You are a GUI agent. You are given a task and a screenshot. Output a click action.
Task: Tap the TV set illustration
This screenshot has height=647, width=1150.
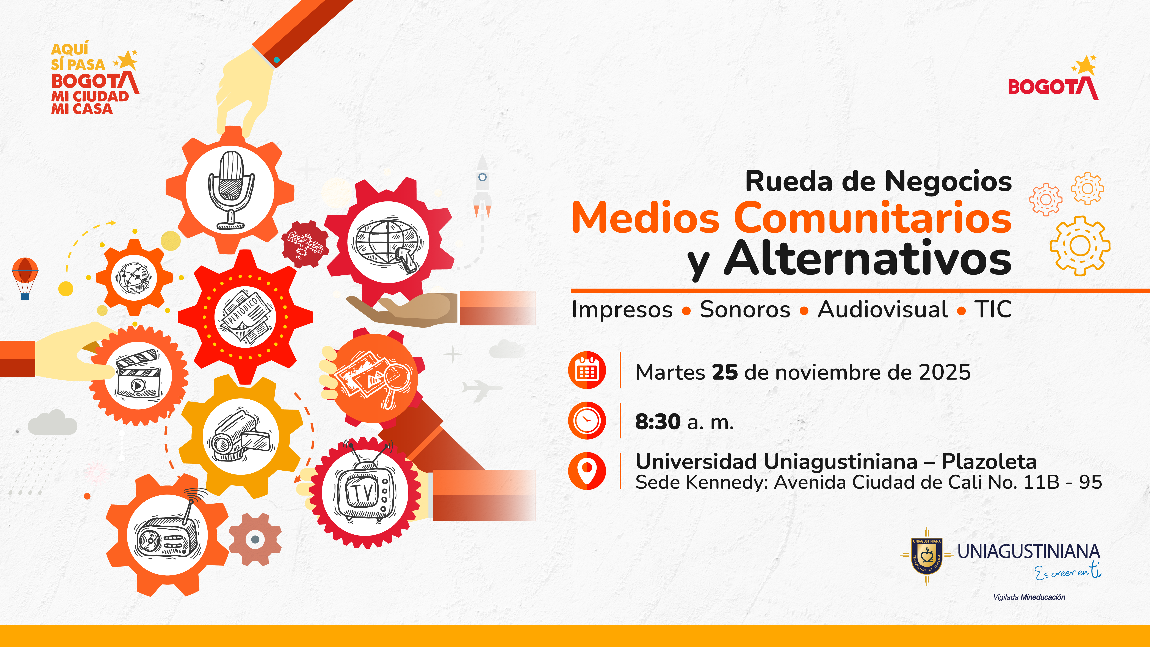coord(365,493)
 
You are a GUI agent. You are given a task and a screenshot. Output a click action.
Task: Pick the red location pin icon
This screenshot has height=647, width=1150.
coord(587,471)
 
